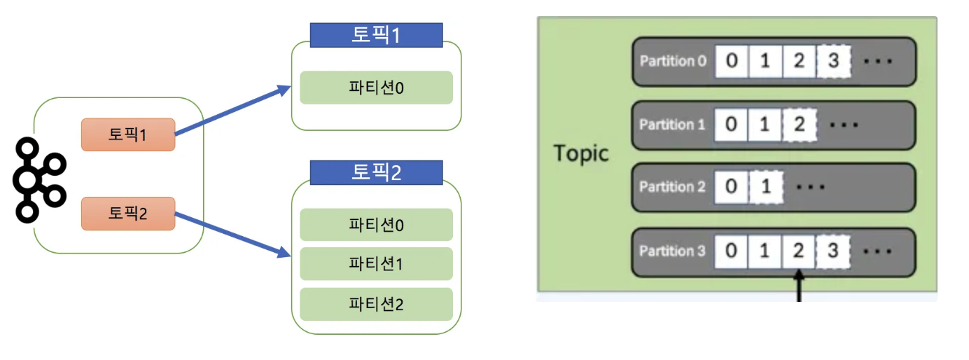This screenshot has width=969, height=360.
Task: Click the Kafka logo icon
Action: (x=38, y=179)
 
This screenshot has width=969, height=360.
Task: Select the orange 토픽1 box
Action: (x=127, y=134)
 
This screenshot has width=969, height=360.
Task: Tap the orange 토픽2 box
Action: (x=127, y=214)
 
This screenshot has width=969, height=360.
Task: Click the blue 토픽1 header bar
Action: (x=376, y=35)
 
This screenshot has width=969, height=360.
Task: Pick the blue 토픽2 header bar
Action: (x=376, y=172)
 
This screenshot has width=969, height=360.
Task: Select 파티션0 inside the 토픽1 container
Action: (x=376, y=88)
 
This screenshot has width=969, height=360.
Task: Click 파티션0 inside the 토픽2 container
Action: (x=376, y=225)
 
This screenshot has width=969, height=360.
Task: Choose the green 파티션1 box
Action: (x=376, y=264)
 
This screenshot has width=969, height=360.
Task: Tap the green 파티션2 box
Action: (x=376, y=304)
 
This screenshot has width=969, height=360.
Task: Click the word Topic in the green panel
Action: (x=581, y=153)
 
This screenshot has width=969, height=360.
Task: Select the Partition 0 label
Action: (x=672, y=61)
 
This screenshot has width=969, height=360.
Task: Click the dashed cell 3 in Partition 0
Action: (x=832, y=61)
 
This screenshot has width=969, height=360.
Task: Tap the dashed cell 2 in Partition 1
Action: (x=799, y=125)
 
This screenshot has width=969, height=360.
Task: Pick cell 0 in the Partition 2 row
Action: (x=732, y=187)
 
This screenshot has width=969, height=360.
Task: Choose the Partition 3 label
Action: (x=672, y=251)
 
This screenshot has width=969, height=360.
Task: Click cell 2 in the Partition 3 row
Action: (x=799, y=251)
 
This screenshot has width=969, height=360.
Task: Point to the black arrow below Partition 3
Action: (x=799, y=287)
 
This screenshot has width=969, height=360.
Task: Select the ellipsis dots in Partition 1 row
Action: (x=844, y=125)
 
